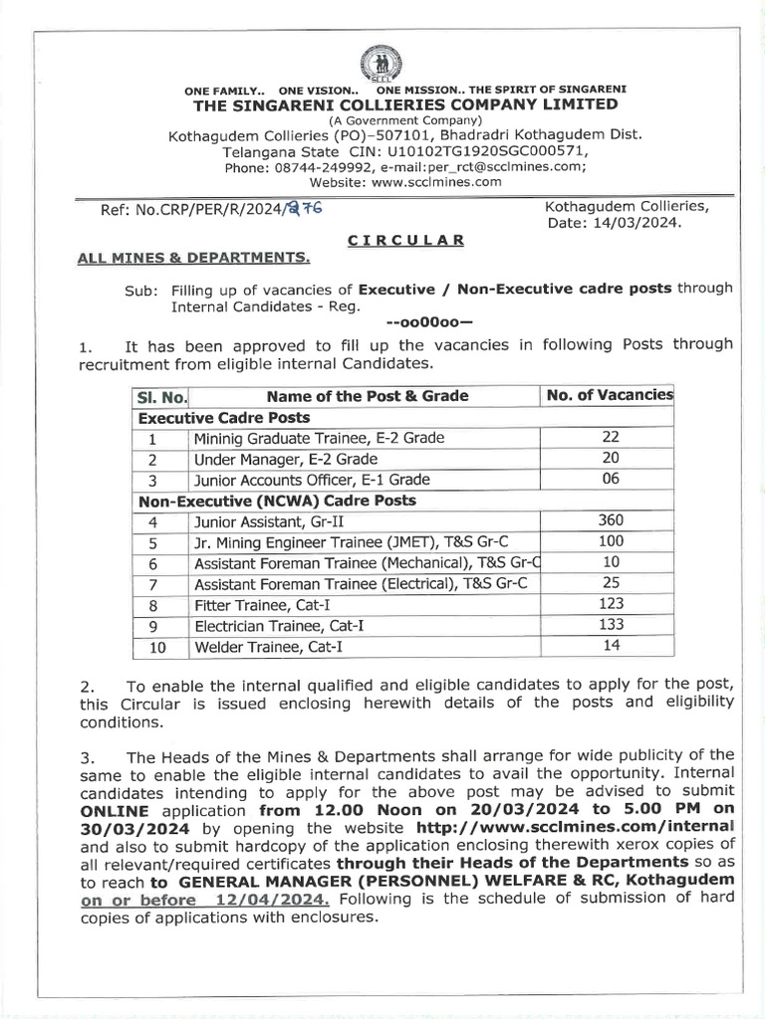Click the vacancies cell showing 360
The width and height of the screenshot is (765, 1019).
tap(611, 519)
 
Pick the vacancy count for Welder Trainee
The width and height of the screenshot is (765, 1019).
tap(611, 645)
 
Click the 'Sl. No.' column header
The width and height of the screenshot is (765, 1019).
tap(161, 396)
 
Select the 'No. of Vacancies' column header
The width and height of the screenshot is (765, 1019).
tap(610, 395)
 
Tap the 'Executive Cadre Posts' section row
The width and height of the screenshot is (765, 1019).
tap(224, 418)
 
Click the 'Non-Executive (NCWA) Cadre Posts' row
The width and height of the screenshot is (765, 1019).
tap(277, 501)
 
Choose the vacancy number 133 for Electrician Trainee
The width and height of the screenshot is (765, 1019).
tap(611, 624)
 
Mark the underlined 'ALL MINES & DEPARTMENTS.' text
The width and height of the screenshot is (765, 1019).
tap(194, 259)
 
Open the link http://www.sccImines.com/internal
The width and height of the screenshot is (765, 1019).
tap(575, 826)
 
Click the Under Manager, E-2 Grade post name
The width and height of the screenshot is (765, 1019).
tap(287, 459)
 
